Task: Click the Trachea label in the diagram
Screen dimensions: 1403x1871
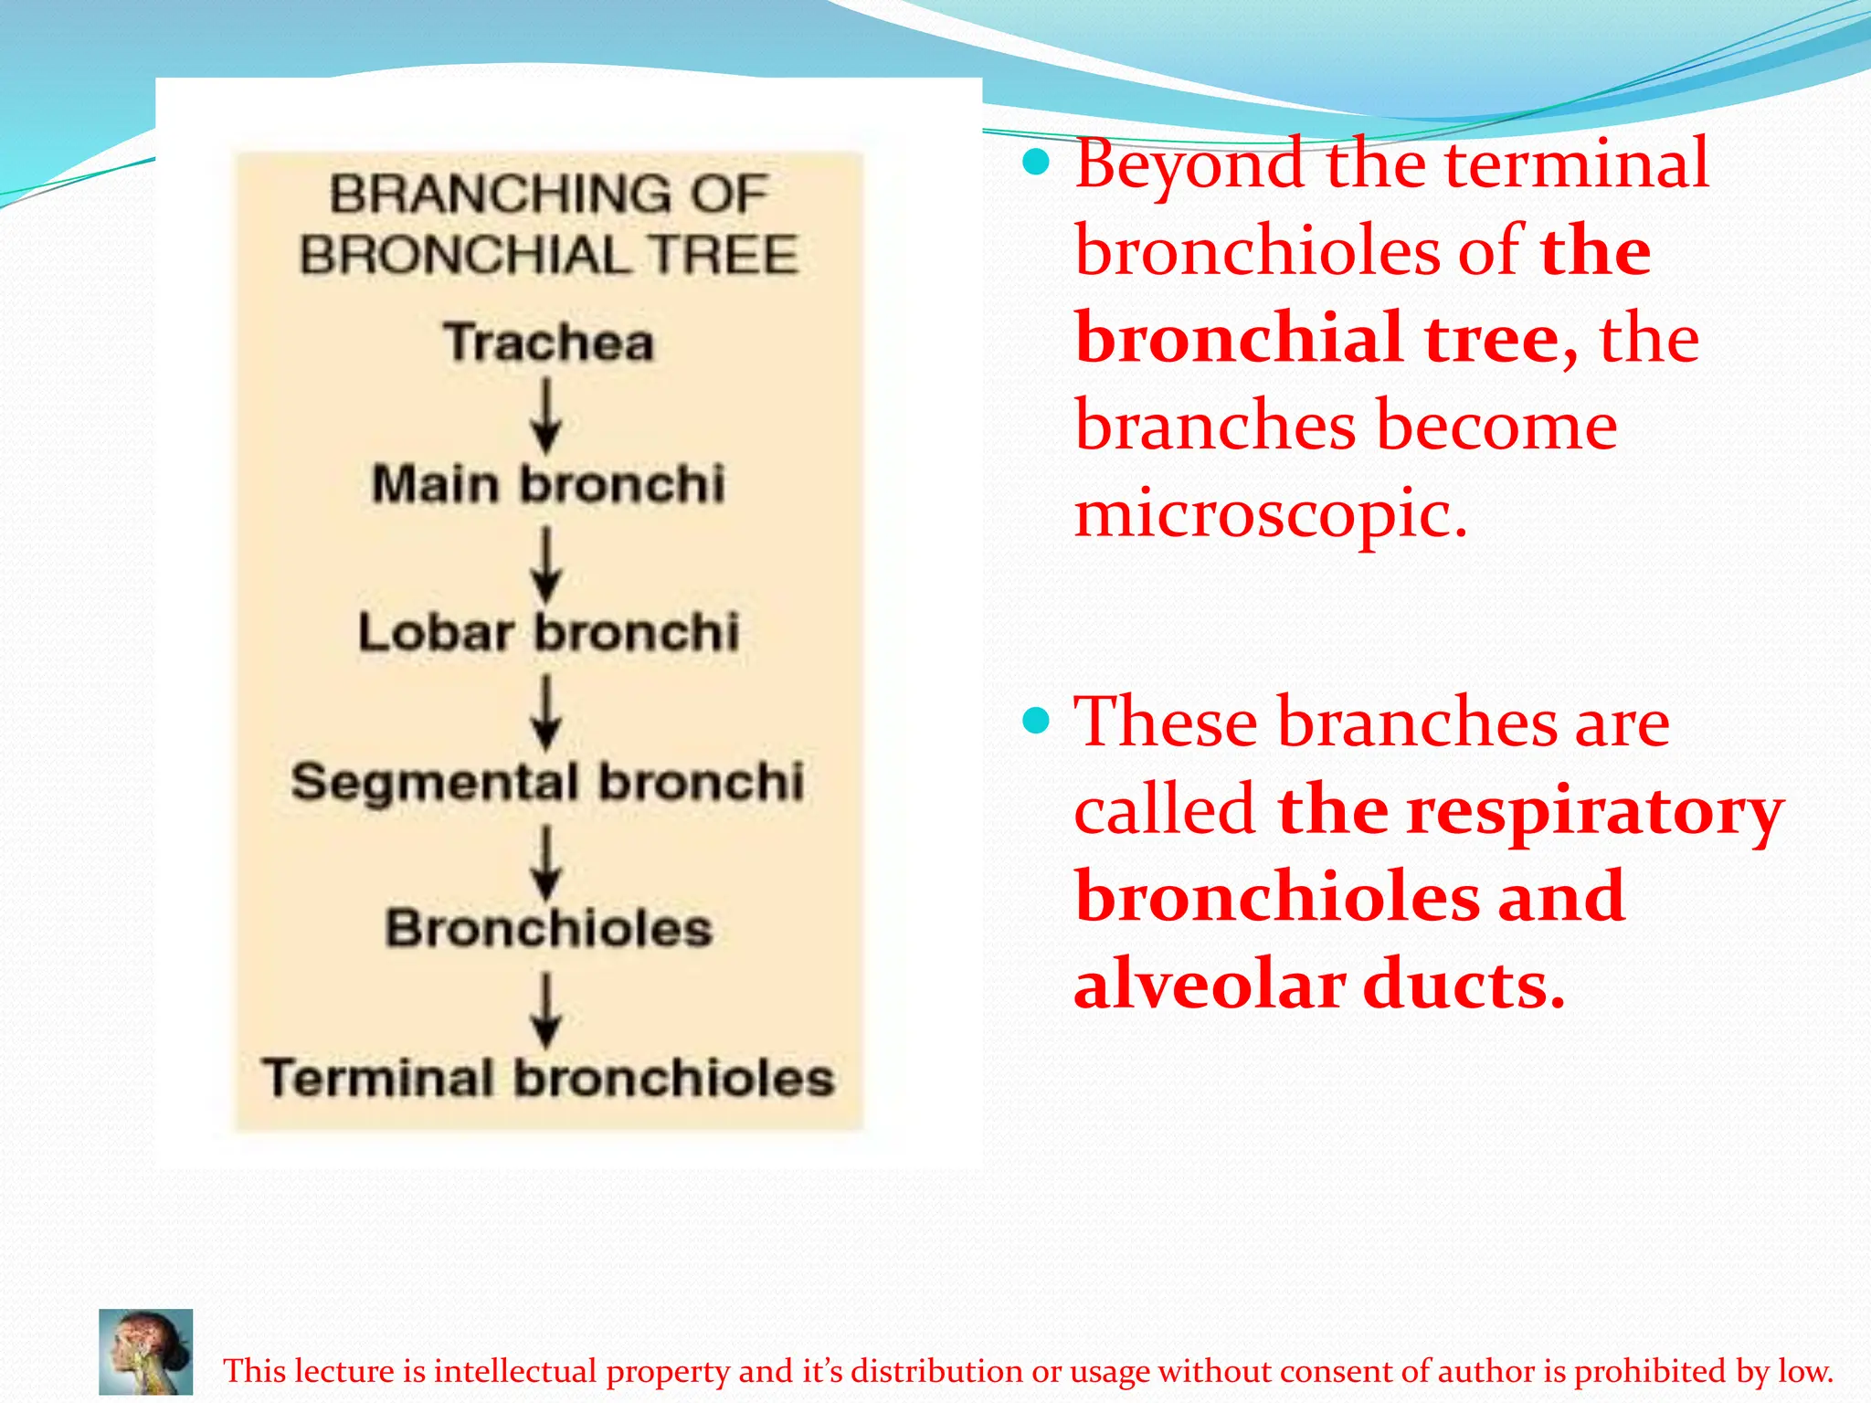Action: pos(549,343)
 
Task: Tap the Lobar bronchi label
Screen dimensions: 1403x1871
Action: pos(548,632)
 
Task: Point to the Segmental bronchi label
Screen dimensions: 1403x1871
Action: pos(547,783)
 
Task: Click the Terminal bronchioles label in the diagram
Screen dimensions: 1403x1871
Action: pos(548,1078)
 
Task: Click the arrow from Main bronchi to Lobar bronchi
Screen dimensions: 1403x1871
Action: pos(546,564)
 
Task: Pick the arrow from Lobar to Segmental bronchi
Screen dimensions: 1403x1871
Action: pos(546,712)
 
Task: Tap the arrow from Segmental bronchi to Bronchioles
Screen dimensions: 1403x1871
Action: pos(546,862)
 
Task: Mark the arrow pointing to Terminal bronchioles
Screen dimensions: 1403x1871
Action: pos(546,1010)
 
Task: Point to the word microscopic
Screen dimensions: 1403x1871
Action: pos(1270,513)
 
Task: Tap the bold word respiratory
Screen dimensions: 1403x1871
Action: pos(1594,811)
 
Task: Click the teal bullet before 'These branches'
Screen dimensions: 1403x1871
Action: pos(1036,722)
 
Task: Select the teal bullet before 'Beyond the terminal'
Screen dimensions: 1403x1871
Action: pos(1036,164)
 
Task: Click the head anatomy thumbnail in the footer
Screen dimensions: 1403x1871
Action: pos(146,1352)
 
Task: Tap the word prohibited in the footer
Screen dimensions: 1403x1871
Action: pos(1650,1371)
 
